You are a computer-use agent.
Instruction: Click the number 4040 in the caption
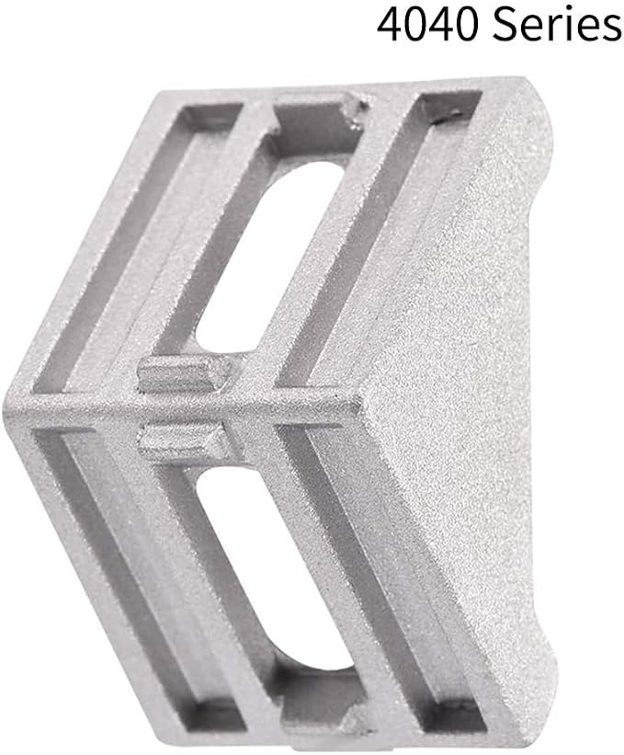coord(428,23)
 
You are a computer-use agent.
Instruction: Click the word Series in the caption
coord(557,23)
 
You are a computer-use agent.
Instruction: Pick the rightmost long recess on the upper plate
coord(375,241)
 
